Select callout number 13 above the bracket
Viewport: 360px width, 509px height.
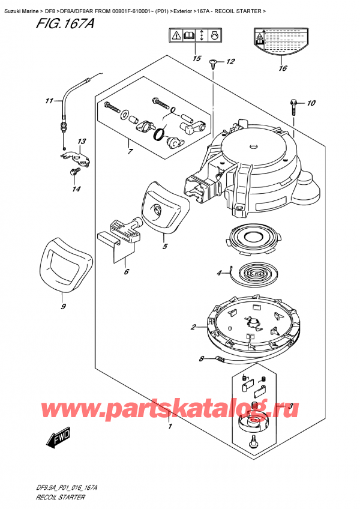pos(82,142)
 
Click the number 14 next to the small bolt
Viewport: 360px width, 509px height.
pos(75,190)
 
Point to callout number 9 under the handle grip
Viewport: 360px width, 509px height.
pos(64,306)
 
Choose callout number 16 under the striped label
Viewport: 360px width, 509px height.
pos(283,68)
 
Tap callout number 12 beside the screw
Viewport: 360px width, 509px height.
pos(231,62)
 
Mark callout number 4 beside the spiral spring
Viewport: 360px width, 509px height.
pos(220,275)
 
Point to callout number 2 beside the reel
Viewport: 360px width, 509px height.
pos(194,327)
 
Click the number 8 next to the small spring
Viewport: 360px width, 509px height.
pos(202,360)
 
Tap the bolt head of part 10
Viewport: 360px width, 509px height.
pos(293,102)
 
